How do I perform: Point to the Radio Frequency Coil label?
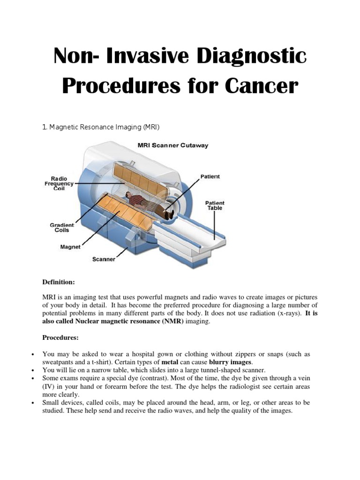tap(59, 183)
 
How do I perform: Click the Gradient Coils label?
tap(62, 228)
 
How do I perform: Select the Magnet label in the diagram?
tap(70, 247)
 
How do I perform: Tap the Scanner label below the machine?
tap(104, 259)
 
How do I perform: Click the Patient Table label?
tap(215, 205)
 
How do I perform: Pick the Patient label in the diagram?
tap(210, 177)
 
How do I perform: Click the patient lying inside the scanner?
tap(150, 204)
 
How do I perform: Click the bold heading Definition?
tap(59, 282)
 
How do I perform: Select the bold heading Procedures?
tap(60, 337)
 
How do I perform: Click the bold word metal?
tap(170, 362)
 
